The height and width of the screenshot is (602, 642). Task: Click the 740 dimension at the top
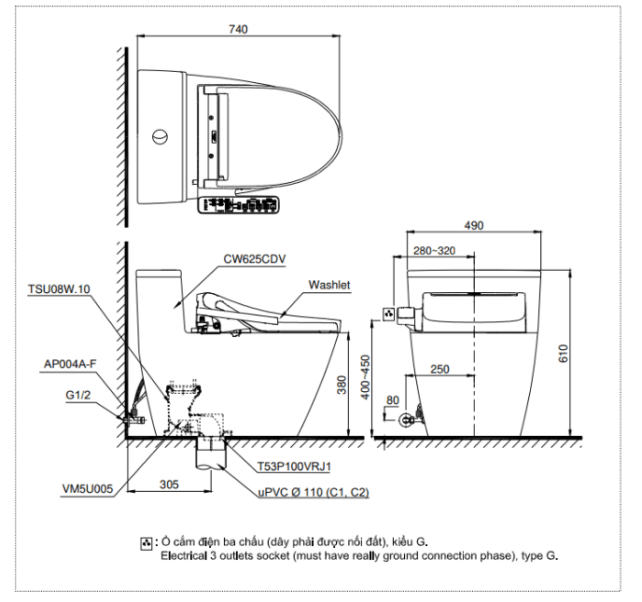click(238, 30)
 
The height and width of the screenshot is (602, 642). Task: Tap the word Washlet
click(328, 286)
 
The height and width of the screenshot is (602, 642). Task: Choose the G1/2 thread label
click(78, 395)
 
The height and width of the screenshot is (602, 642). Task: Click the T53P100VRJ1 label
click(297, 465)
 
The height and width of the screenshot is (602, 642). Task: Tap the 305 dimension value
click(169, 483)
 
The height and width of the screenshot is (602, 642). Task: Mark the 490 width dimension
click(475, 225)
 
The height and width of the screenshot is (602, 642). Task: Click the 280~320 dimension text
click(435, 250)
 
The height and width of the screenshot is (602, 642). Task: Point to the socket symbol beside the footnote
click(146, 543)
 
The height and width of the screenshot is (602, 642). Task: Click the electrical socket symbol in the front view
click(388, 313)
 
